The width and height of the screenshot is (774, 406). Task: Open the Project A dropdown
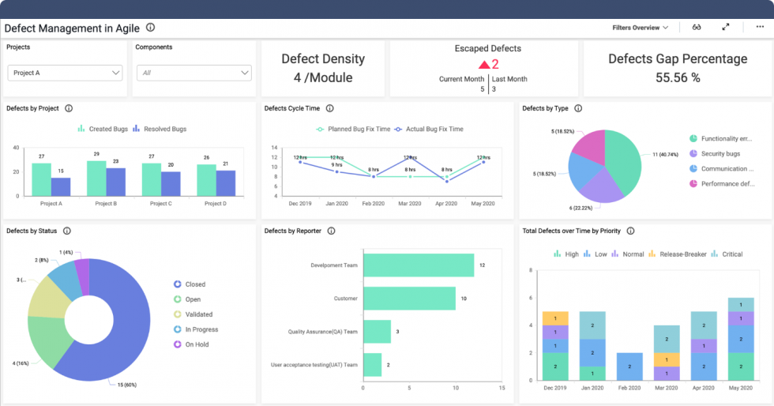(65, 73)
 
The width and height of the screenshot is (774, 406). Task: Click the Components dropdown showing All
(193, 73)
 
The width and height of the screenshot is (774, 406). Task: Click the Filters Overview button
(640, 28)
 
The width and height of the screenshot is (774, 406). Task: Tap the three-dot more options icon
(760, 27)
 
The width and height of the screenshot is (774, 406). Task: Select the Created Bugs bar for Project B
(96, 178)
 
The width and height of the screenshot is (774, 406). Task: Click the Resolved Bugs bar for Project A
(61, 186)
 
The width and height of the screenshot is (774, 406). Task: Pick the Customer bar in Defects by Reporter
(409, 299)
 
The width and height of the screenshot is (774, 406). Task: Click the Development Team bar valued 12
(419, 265)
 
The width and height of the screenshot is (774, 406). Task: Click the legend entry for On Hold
(195, 344)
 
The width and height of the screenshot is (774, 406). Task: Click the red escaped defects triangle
(483, 65)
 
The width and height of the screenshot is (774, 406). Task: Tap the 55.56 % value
(678, 77)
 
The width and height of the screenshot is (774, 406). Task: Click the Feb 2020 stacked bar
(629, 367)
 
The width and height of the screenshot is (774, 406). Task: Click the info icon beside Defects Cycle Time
(329, 109)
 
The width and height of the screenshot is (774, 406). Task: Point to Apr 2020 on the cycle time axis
(446, 204)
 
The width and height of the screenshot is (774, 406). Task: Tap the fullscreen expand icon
(726, 27)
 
